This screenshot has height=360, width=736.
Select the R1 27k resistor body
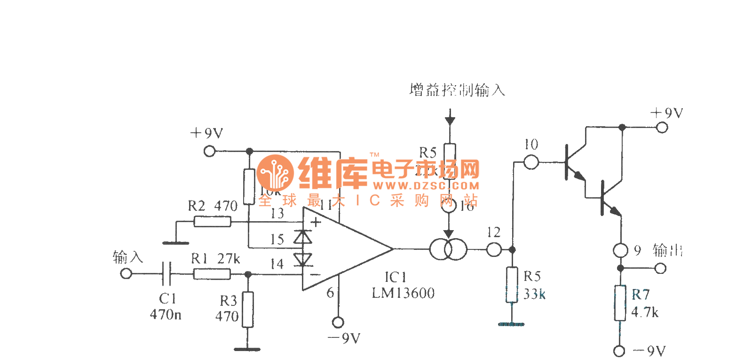pos(212,274)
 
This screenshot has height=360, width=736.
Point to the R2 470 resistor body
pos(213,221)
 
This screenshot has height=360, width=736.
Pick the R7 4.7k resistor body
pos(621,303)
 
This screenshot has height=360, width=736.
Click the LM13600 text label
pos(403,293)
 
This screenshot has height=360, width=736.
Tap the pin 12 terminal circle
pos(493,249)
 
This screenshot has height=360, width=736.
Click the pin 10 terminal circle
pos(531,162)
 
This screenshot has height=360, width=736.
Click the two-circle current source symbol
pos(448,249)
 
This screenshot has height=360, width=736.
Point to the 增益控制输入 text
pos(457,90)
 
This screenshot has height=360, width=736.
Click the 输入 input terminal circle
pos(126,274)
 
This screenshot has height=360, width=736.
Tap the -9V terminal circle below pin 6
pos(337,322)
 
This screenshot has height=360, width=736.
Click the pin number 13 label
pos(277,214)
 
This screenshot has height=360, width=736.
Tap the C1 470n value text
pos(166,314)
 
